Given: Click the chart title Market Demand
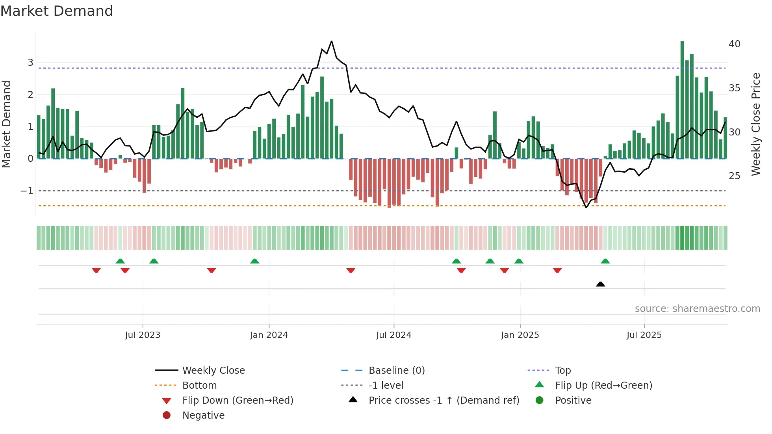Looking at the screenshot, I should click(x=57, y=11).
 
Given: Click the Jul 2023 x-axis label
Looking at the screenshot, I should click(x=143, y=335).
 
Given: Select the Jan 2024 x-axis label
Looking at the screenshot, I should click(x=269, y=335).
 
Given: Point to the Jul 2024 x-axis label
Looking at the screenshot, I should click(x=393, y=335).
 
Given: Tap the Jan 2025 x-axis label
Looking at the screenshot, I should click(x=520, y=335).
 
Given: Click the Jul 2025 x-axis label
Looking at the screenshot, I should click(x=644, y=335).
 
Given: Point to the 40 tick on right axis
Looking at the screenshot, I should click(x=734, y=44).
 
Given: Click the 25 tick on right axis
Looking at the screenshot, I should click(x=734, y=176).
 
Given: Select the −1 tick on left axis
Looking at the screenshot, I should click(x=27, y=191).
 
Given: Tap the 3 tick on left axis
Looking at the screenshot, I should click(x=30, y=63).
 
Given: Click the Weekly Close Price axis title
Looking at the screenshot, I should click(x=755, y=124).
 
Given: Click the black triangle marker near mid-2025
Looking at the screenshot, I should click(x=600, y=284).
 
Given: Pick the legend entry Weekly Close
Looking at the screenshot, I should click(x=213, y=371).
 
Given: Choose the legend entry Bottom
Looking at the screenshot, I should click(x=199, y=386).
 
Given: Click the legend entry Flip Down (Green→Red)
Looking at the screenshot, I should click(x=238, y=401).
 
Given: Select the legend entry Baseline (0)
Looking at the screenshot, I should click(x=396, y=371).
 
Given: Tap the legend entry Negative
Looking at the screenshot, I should click(x=203, y=415).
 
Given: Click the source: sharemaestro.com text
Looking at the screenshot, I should click(x=697, y=309).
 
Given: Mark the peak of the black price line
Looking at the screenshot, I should click(x=332, y=41).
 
